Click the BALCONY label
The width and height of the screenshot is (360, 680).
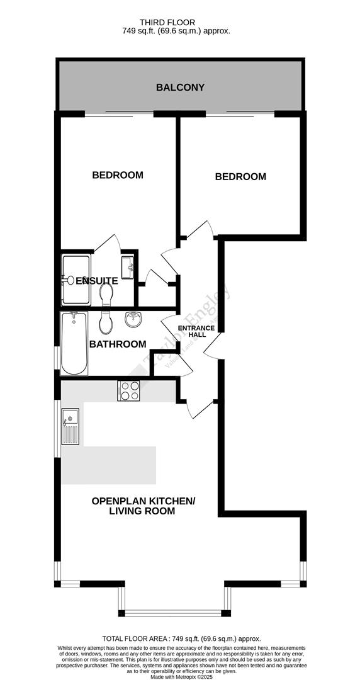(180, 88)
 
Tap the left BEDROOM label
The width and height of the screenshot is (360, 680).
(118, 175)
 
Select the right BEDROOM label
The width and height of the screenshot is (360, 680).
(240, 177)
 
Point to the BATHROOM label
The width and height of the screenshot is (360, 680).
(118, 344)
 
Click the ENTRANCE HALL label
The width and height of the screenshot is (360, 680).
(192, 331)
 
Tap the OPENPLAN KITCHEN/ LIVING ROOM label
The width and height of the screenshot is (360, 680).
(143, 506)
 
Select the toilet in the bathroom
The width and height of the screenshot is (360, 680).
(106, 322)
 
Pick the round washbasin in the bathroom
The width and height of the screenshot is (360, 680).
(133, 320)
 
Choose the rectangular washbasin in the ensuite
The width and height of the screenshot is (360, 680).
(128, 267)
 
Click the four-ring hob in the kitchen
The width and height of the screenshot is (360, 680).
(129, 391)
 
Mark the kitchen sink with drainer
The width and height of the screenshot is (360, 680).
(70, 426)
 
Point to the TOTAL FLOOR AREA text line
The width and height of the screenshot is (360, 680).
(181, 638)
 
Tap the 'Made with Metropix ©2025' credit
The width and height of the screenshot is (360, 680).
(181, 677)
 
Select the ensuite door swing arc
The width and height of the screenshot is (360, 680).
(108, 242)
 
